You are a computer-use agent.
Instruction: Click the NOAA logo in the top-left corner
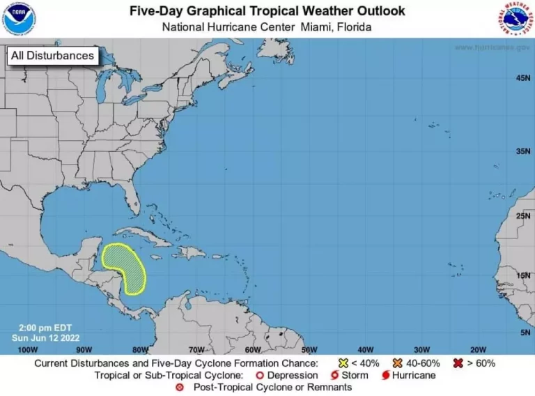point(18,18)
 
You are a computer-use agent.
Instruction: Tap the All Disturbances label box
point(52,56)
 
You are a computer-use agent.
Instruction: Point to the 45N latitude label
point(524,78)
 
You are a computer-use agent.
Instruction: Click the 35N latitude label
point(524,151)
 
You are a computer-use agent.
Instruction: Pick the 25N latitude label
point(524,217)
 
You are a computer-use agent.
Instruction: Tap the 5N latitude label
point(526,333)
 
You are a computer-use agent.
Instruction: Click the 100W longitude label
point(27,349)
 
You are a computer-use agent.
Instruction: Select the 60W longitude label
point(252,349)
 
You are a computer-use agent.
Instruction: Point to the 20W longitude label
point(477,349)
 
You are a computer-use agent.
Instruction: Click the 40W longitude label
point(365,349)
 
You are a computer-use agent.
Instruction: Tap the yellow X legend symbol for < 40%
point(343,363)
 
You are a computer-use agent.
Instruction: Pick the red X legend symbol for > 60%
point(458,363)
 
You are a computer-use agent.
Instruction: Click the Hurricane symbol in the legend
point(385,375)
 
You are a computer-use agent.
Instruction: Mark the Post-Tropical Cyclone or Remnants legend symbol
point(180,387)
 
